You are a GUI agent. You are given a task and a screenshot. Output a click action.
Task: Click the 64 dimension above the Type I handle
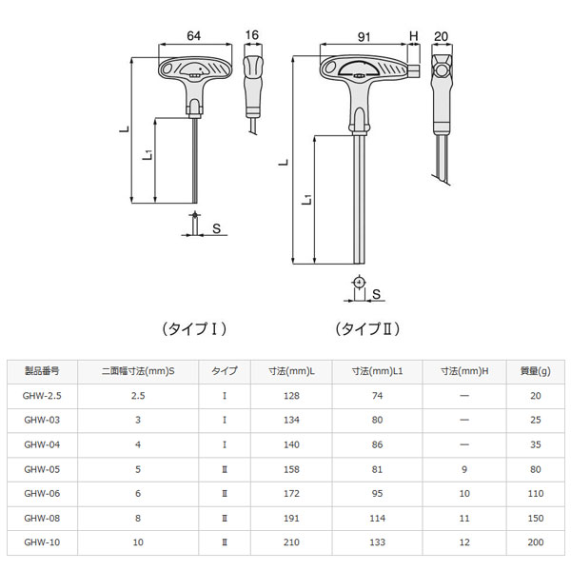pos(194,36)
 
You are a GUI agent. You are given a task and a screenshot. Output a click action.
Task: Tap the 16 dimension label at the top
pos(251,35)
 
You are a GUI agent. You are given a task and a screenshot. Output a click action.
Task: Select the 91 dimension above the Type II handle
pos(364,37)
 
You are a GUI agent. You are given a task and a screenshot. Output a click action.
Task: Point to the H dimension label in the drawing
pos(414,36)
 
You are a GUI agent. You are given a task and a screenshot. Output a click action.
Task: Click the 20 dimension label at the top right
pos(441,36)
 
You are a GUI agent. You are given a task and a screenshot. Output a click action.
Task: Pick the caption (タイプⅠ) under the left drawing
pos(194,329)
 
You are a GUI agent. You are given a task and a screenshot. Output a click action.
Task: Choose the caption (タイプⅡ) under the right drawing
pos(367,329)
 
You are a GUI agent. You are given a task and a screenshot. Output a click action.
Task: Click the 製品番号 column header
pos(42,371)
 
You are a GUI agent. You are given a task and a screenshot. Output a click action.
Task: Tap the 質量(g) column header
pos(535,371)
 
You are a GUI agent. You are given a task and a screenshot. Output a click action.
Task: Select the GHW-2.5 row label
pos(42,396)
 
